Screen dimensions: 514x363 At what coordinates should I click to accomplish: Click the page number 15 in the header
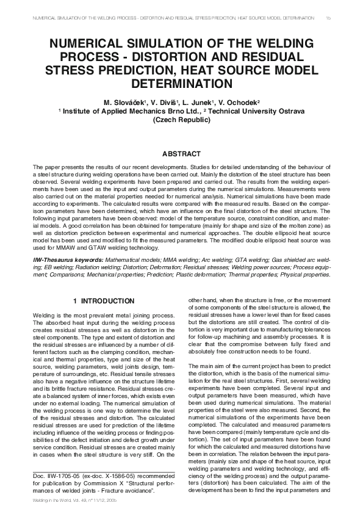[x=328, y=18]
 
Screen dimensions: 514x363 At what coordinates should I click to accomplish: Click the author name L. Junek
[x=197, y=101]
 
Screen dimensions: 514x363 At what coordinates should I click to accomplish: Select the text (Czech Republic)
[x=181, y=120]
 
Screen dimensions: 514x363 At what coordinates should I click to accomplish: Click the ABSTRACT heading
[x=181, y=154]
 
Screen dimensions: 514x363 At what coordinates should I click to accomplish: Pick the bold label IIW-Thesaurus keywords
[x=68, y=260]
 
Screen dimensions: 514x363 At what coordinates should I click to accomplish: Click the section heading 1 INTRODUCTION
[x=104, y=302]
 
